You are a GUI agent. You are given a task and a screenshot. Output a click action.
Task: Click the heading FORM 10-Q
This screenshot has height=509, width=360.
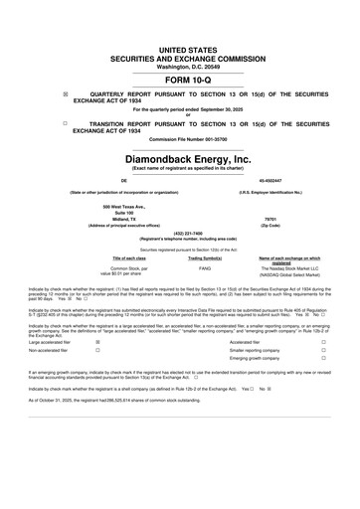point(180,81)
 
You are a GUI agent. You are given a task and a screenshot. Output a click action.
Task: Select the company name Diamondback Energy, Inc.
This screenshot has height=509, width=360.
point(180,158)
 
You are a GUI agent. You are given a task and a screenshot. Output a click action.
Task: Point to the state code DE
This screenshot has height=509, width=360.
point(96,181)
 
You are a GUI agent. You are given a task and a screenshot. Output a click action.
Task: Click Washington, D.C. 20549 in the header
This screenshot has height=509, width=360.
point(180,65)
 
